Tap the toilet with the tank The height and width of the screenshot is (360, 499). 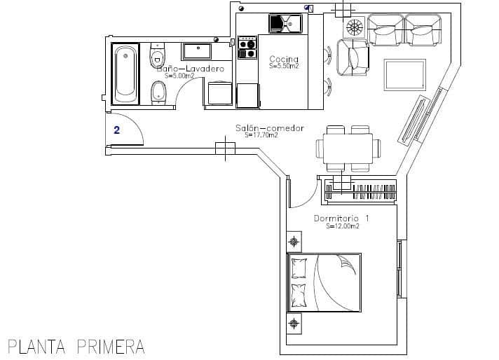(x=158, y=56)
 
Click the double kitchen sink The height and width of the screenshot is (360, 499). (x=284, y=24)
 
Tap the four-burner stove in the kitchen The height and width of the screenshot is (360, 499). (x=247, y=48)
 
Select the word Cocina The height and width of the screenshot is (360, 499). (x=284, y=59)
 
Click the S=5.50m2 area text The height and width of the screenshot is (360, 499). (x=284, y=66)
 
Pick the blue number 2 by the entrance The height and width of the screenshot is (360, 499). (x=116, y=130)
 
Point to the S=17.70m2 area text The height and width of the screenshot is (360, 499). (x=261, y=136)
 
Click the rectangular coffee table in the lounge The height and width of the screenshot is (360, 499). (x=404, y=74)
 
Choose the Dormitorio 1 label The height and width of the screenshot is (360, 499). (x=341, y=219)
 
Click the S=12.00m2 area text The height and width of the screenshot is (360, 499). (x=343, y=226)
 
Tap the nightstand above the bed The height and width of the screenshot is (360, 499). (x=294, y=242)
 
